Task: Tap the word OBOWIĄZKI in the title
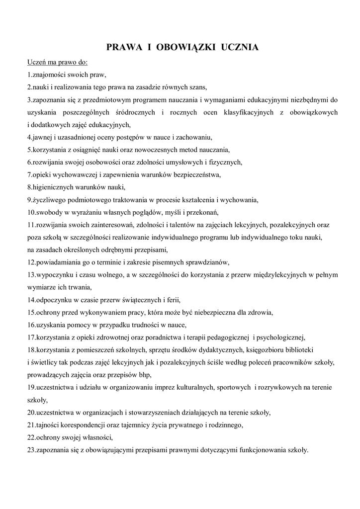point(184,48)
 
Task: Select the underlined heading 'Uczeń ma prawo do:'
point(57,63)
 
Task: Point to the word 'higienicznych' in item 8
point(51,187)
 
